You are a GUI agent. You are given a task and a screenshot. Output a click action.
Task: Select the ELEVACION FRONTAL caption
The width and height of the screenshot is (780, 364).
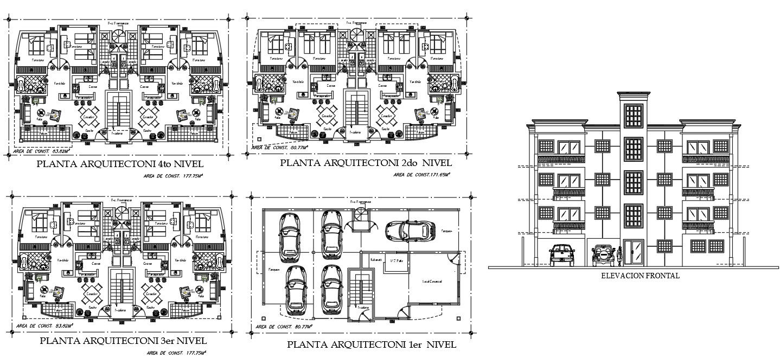point(640,276)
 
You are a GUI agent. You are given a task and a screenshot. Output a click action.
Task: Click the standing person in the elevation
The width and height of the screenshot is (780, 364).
point(619,256)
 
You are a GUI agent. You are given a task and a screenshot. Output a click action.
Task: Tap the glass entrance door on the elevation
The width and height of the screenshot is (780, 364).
point(632,252)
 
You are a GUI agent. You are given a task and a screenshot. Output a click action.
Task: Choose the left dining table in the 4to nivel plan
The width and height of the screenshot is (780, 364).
point(88,117)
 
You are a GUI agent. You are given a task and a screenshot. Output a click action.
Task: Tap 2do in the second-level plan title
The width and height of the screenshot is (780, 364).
point(407,163)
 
